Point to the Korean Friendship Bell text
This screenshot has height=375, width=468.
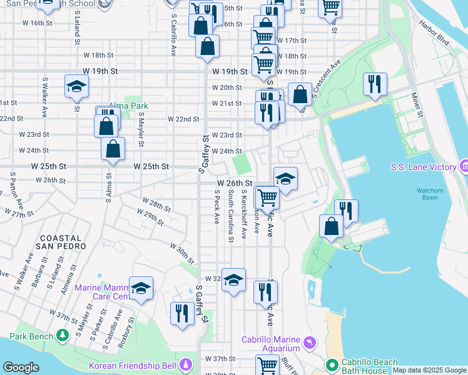[x=133, y=365]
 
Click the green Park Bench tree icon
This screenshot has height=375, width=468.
[x=62, y=335]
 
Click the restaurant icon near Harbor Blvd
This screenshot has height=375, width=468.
[x=375, y=83]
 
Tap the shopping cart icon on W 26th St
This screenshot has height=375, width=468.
[x=267, y=197]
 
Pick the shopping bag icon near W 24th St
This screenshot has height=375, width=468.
[x=113, y=149]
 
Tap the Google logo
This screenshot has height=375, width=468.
[x=21, y=367]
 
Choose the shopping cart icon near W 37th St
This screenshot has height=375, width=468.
[x=267, y=364]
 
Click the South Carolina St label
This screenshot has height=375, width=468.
[x=231, y=216]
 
